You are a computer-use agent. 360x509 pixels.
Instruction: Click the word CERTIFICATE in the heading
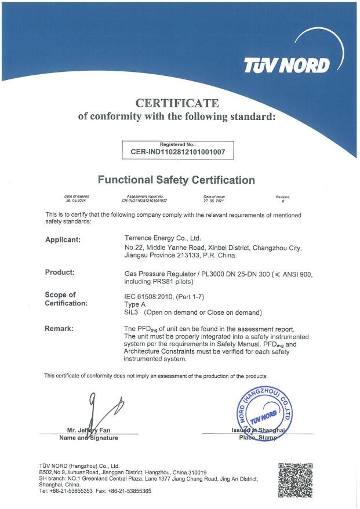pos(177,104)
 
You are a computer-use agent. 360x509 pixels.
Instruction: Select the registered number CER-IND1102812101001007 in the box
pos(177,153)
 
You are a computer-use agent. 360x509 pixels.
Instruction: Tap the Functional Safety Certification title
pos(176,180)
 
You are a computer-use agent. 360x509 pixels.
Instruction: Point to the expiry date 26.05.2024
pos(77,201)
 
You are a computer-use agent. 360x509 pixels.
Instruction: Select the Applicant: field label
pos(63,239)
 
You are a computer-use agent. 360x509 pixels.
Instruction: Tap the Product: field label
pos(60,272)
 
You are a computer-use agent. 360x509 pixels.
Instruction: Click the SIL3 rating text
pos(132,312)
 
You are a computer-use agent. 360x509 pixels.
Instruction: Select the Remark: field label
pos(59,329)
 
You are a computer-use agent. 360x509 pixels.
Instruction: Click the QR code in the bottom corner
pos(296,479)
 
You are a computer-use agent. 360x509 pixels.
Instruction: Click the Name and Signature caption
pos(89,438)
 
